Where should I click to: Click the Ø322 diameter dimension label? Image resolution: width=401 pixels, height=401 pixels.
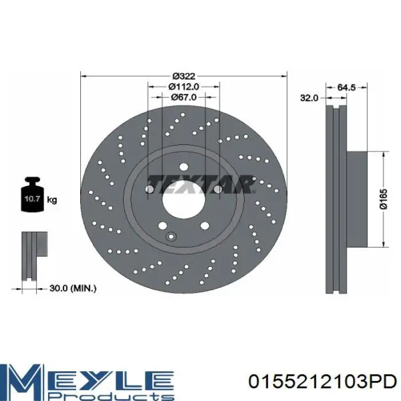tap(184, 76)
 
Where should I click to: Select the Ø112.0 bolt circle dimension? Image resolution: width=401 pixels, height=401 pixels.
tap(184, 87)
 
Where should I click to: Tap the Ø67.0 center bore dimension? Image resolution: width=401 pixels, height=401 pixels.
tap(184, 97)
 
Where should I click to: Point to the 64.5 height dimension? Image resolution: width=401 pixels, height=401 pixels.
tap(346, 88)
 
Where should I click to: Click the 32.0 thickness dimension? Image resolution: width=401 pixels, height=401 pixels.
tap(309, 98)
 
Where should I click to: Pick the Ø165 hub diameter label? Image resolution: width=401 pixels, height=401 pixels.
tap(383, 199)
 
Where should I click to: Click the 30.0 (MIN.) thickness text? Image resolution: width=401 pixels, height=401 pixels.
tap(73, 289)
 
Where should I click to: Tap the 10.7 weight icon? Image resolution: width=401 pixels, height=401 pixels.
tap(32, 194)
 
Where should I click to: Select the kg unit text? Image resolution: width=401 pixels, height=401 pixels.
tap(52, 199)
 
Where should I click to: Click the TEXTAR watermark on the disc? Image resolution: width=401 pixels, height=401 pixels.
tap(202, 184)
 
